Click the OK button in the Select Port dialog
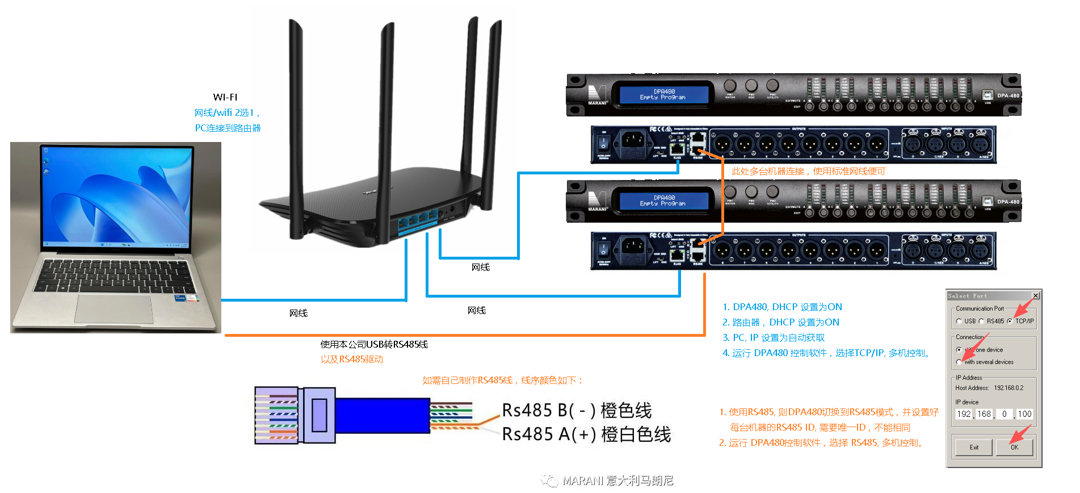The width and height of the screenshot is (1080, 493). [1014, 447]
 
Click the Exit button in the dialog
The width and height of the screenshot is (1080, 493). [974, 447]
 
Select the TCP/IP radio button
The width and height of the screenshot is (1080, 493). [1010, 321]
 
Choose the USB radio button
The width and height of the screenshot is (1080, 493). [959, 321]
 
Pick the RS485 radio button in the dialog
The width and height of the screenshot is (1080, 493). [981, 321]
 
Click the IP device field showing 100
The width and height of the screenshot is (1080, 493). [1024, 414]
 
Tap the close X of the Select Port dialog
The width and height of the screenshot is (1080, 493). [1036, 296]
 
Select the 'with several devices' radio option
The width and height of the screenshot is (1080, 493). [959, 362]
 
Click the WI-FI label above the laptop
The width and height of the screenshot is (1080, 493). [225, 97]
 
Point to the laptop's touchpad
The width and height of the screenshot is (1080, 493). [114, 308]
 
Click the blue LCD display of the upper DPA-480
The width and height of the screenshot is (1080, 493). [663, 94]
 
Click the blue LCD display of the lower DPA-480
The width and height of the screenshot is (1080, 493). [663, 200]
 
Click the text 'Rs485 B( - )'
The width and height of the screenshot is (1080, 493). [548, 410]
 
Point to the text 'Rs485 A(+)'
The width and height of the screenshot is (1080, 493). [548, 434]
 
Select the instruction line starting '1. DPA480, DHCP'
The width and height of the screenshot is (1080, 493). [781, 307]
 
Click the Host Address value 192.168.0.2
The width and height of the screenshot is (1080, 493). [1008, 388]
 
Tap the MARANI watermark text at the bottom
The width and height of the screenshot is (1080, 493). [617, 481]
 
